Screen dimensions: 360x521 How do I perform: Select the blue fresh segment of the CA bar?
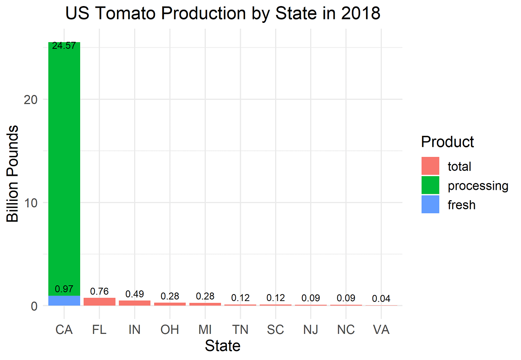coord(64,301)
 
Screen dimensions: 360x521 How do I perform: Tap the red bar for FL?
coord(99,302)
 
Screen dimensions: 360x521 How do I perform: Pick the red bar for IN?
coord(135,303)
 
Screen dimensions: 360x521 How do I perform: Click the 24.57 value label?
coord(64,46)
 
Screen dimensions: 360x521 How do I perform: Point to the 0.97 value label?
coord(64,289)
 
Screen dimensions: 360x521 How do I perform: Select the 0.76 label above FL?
coord(99,291)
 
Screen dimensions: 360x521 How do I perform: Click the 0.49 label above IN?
coord(135,294)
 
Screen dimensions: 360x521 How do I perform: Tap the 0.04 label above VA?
coord(381,299)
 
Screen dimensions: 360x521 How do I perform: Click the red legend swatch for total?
coord(430,166)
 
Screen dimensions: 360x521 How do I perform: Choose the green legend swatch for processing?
coord(430,186)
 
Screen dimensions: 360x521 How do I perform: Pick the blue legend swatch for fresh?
coord(430,204)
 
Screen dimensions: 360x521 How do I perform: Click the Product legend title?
coord(447,142)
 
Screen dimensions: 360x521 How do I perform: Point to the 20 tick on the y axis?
coord(31,100)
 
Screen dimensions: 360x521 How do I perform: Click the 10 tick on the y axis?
coord(31,203)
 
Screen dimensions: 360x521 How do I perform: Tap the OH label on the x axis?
coord(170,330)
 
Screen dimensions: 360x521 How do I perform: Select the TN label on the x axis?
coord(240,330)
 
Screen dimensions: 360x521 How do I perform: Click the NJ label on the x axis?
coord(311,330)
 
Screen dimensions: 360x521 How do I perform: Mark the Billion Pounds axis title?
coord(13,174)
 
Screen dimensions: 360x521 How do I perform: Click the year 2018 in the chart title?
coord(360,14)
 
